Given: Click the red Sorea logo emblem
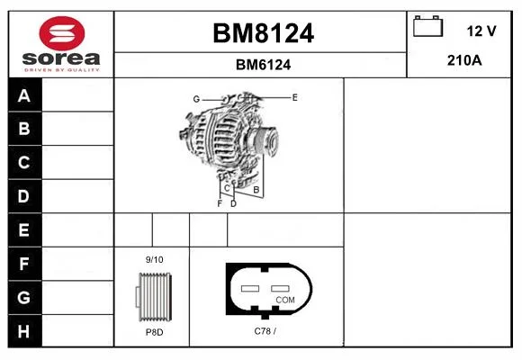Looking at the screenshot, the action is coord(62,33).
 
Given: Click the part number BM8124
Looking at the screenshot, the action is coord(263,33).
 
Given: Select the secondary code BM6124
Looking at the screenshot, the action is coord(263,65).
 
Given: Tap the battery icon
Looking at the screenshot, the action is coord(427,26).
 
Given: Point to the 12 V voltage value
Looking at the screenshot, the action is coord(481,31).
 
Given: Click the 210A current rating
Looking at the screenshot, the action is coord(464,60).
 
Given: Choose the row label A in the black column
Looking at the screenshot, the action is coord(24,96).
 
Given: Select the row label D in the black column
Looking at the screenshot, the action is coord(23,196).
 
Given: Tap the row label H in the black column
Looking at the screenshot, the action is coord(23,331).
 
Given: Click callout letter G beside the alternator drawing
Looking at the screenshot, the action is coord(196,99).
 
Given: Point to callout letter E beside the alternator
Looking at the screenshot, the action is coord(294,97).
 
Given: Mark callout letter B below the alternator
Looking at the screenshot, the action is coord(256,190).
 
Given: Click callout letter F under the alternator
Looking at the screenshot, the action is coord(220,203).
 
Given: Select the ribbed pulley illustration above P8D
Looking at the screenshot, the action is coord(154,297).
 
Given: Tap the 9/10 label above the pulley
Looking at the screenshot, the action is coord(155,260).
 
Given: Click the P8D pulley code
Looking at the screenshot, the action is coord(155,332).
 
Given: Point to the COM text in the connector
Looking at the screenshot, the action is coord(285,300).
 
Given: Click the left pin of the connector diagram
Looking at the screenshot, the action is coord(250,288).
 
